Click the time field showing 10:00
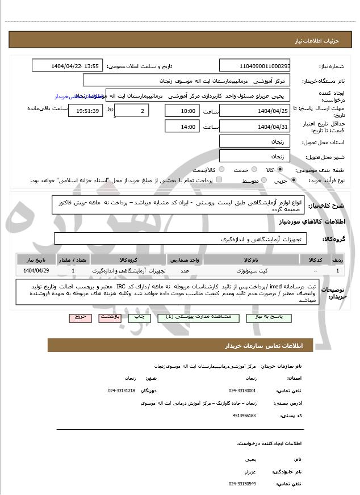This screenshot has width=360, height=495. (x=181, y=111)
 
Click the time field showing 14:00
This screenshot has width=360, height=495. (x=181, y=127)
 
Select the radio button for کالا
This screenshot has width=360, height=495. (x=280, y=169)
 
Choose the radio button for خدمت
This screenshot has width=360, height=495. (x=254, y=169)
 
